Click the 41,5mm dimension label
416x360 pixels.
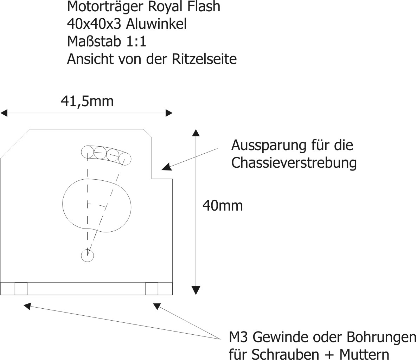pos(87,101)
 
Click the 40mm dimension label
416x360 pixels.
pos(223,206)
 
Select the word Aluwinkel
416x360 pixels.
pos(156,24)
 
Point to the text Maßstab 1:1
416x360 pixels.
pos(107,41)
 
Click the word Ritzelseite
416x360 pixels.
pos(204,59)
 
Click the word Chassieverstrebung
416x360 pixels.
pos(294,163)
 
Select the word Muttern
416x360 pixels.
pos(364,354)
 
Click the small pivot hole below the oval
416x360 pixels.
pos(88,256)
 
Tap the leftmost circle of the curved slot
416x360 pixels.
pos(88,152)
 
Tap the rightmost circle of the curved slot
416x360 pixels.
pos(125,159)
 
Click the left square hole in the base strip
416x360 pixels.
pos(21,289)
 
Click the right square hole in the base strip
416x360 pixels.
pos(152,289)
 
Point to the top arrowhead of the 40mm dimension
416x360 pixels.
pos(196,133)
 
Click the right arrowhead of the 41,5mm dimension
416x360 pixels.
pos(169,113)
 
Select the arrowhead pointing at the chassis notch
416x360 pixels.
pos(166,167)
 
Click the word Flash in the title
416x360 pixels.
pos(204,7)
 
